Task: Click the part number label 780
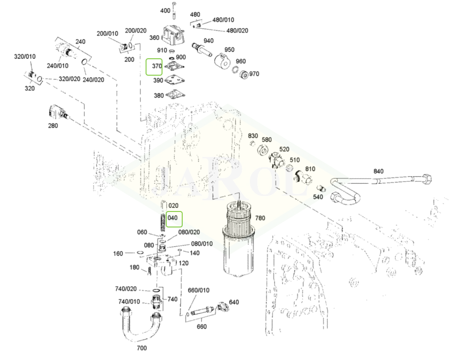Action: tap(260, 218)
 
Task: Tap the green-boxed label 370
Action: tap(154, 67)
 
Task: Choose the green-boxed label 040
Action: tap(173, 218)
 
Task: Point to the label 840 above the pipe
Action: tap(379, 171)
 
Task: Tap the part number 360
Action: tap(155, 38)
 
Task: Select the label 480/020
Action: tap(237, 31)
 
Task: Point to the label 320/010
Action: tap(24, 57)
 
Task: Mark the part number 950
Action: tap(229, 50)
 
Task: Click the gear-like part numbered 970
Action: tap(242, 74)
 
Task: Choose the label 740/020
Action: tap(126, 289)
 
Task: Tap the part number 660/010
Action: tap(198, 290)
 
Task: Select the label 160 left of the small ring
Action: tap(118, 254)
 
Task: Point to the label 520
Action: tap(284, 149)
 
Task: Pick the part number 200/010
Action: tap(108, 33)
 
